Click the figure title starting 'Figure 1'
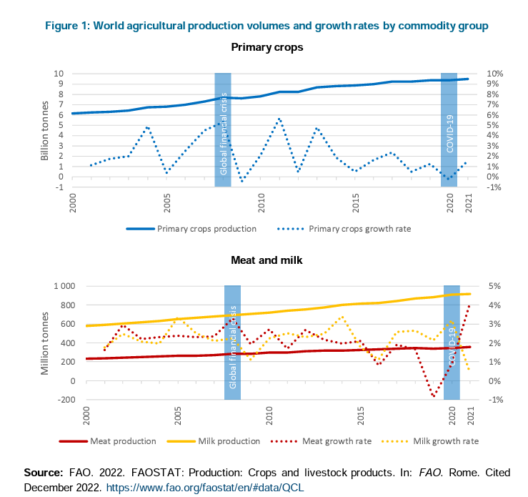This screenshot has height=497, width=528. (267, 26)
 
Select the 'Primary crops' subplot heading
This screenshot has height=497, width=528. (267, 48)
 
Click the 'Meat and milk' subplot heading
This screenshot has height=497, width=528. (267, 260)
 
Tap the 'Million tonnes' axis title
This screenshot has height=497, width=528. (44, 344)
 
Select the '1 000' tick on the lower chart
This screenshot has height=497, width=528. (65, 286)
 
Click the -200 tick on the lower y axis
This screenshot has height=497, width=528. (67, 400)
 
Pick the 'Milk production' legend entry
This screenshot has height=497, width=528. (226, 441)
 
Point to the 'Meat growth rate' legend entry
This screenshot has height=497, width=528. (337, 441)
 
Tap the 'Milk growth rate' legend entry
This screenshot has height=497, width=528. (445, 441)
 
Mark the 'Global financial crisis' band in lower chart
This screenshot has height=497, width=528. (232, 343)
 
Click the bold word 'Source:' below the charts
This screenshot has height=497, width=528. (44, 473)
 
